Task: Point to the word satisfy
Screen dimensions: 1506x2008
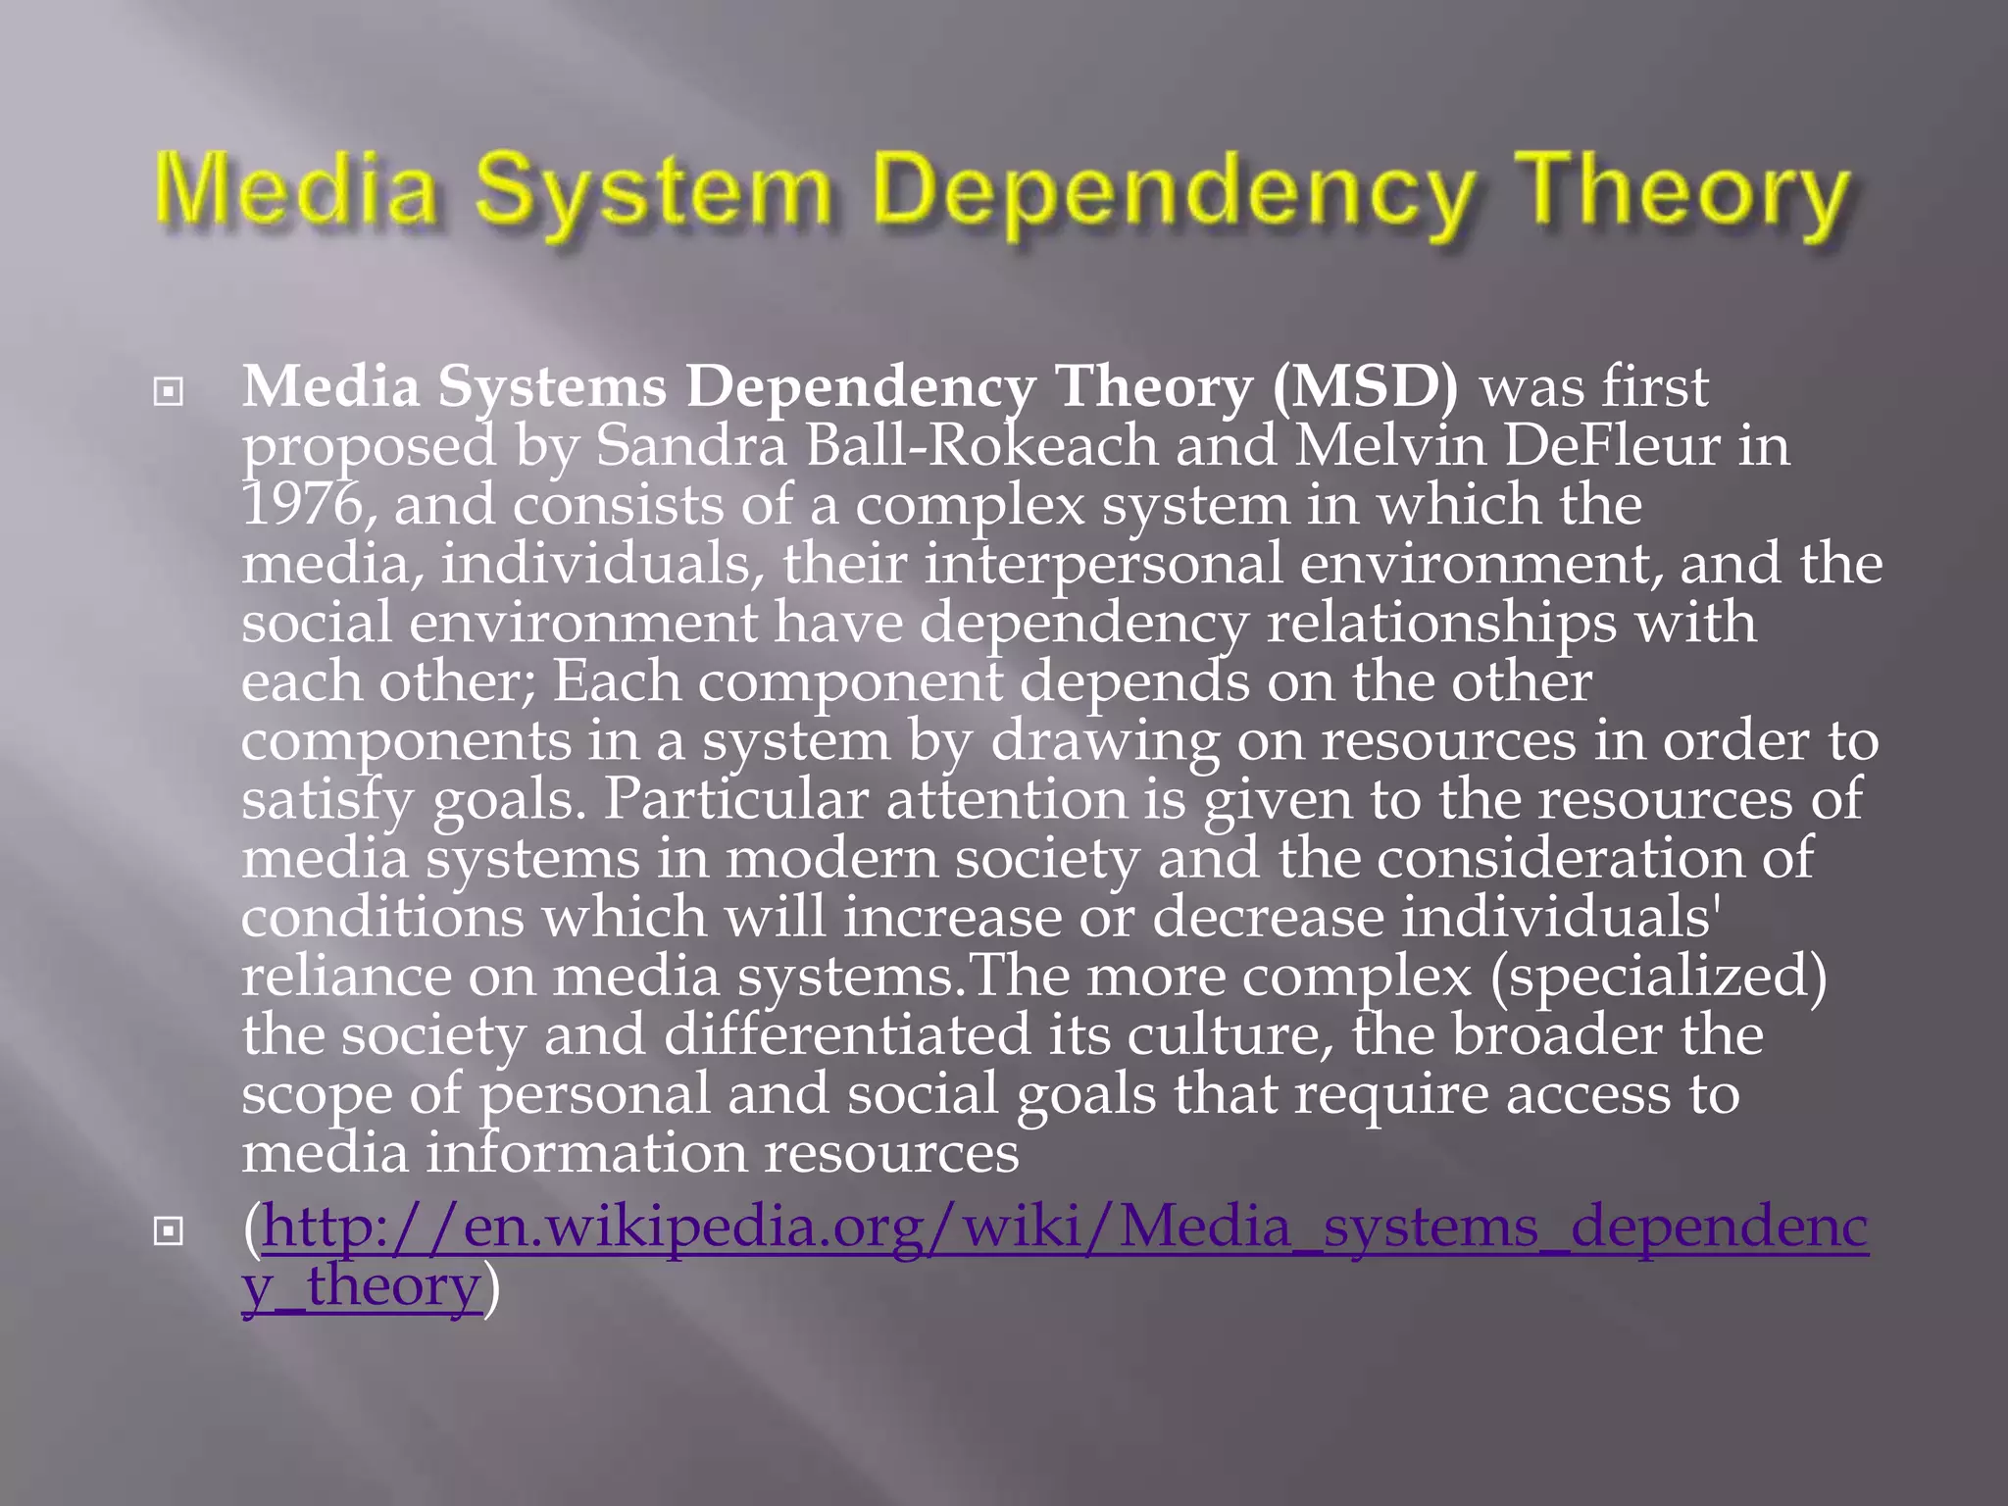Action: pos(327,800)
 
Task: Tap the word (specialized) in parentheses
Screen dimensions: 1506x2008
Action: pos(1658,977)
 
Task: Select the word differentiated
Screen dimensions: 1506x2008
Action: pos(847,1035)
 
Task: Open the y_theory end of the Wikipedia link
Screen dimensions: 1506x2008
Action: pos(360,1286)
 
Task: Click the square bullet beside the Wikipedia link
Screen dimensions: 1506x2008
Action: pos(169,1230)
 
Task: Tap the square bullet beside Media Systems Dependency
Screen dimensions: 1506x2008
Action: pos(169,392)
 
